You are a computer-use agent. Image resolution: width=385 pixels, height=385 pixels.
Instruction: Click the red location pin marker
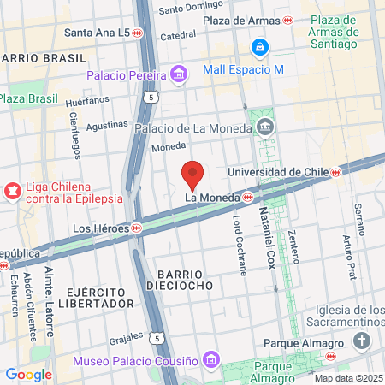pos(192,175)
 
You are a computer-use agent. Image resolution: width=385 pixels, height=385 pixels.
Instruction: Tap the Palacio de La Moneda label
pos(193,128)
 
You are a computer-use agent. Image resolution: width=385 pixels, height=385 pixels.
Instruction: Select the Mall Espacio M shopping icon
pos(259,48)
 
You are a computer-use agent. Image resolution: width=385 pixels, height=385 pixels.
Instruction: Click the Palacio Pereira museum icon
pos(178,75)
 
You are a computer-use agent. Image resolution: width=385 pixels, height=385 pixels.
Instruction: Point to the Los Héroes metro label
pos(101,228)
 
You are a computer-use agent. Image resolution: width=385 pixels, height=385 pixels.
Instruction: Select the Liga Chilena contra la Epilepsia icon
pos(13,190)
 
